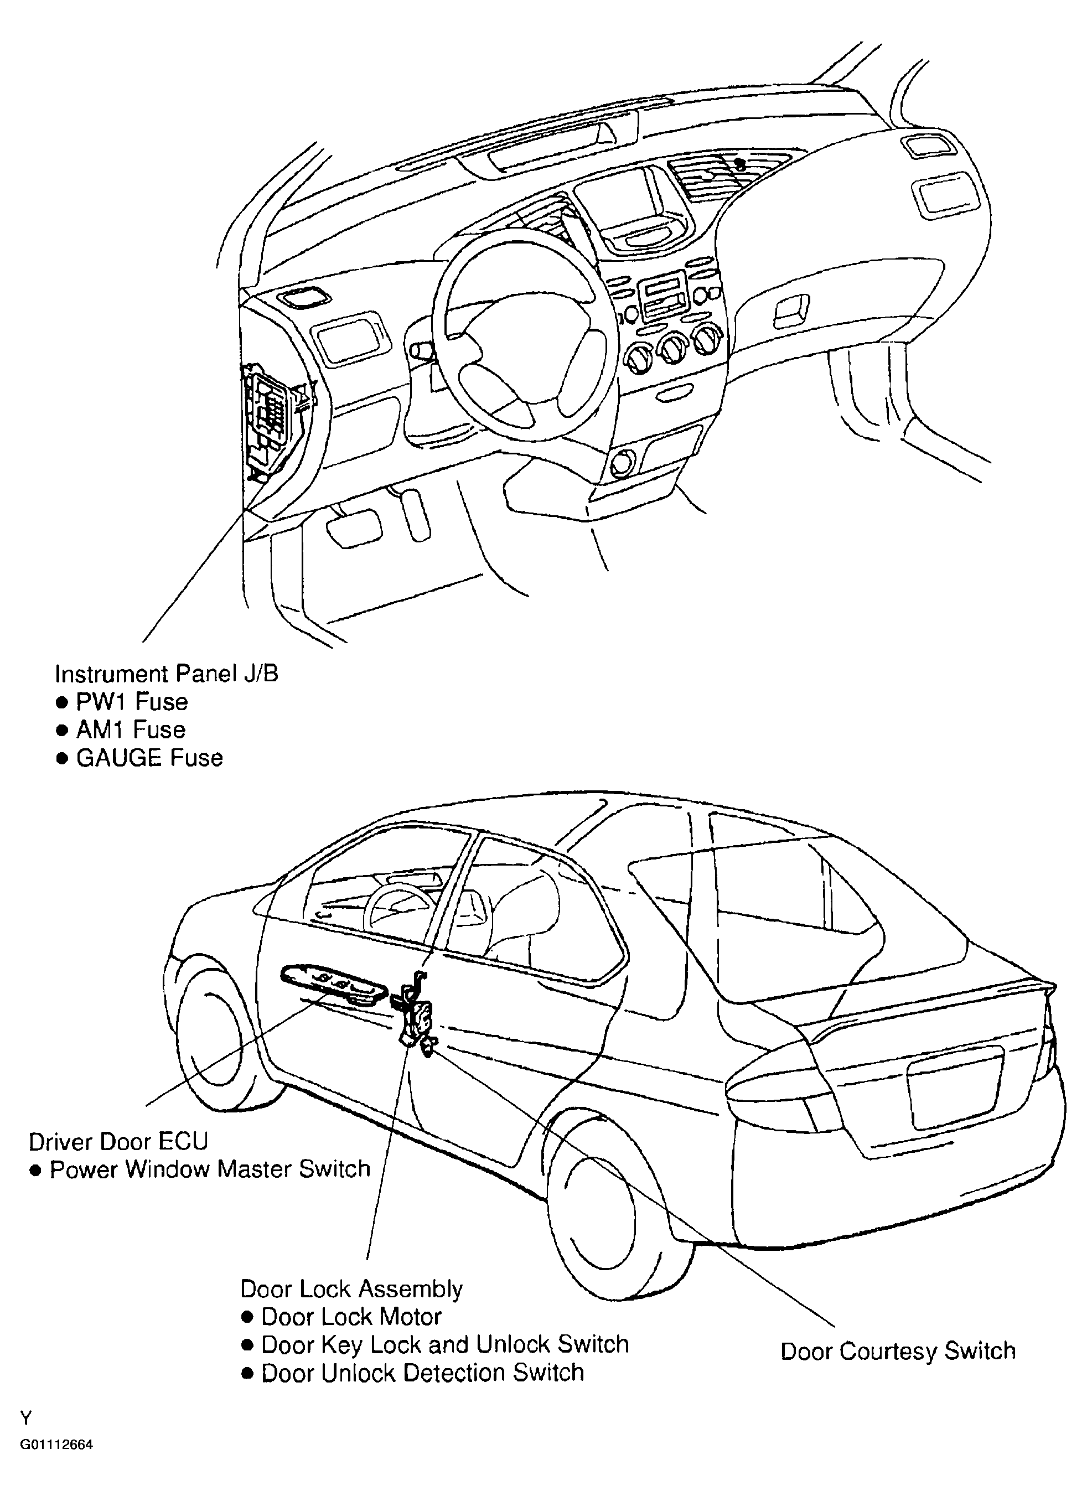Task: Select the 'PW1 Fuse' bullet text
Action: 132,702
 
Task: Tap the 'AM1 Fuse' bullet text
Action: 131,729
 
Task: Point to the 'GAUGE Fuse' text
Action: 149,758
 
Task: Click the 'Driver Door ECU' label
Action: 118,1142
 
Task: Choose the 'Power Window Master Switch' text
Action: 210,1169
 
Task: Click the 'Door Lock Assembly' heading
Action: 351,1289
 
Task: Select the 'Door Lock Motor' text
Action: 351,1317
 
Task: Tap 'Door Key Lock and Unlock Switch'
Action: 445,1344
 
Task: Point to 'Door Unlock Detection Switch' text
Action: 422,1373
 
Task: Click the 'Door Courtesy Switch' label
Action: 898,1352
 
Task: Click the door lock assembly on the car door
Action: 415,1014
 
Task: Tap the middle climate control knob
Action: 672,352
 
